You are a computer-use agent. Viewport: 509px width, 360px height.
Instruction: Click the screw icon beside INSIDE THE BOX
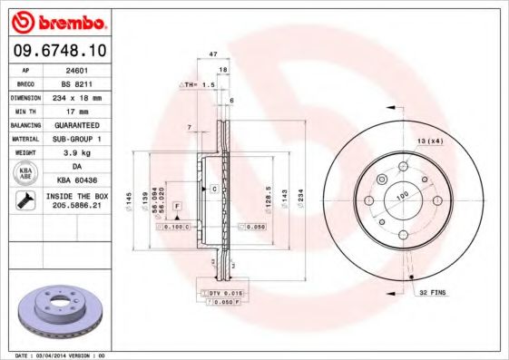tap(24, 201)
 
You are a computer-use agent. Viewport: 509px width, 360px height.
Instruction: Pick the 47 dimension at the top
tap(213, 54)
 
